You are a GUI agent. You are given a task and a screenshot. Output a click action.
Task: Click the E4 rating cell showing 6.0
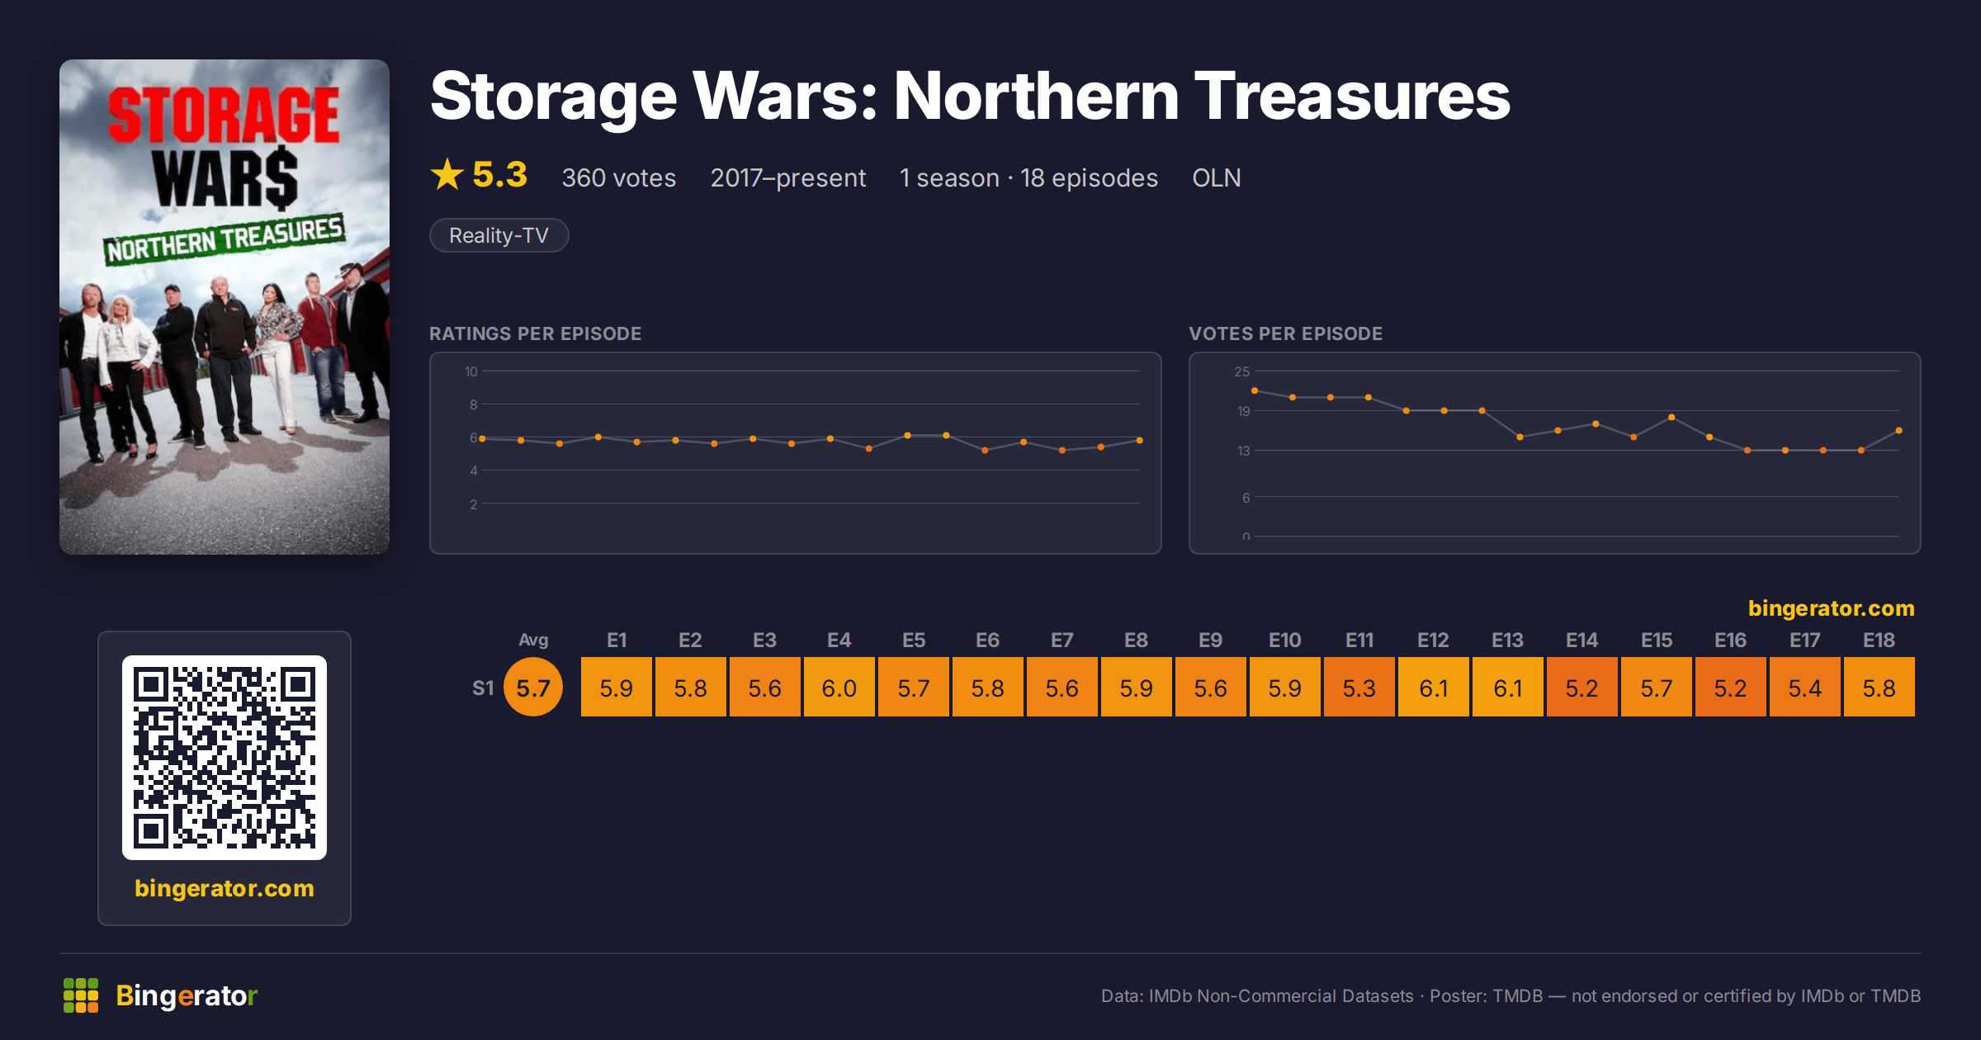point(839,687)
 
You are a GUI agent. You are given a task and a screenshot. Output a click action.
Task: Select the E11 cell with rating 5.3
point(1359,687)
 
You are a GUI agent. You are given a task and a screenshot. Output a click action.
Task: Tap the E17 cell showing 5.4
point(1804,687)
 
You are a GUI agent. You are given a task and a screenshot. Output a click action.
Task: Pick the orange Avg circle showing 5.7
point(533,687)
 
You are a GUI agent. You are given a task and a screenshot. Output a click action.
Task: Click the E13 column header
point(1507,641)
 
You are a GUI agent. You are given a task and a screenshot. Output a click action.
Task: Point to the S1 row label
point(483,688)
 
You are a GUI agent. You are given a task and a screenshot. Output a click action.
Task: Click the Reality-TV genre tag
point(499,235)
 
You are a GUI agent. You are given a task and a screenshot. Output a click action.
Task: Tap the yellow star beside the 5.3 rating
point(447,174)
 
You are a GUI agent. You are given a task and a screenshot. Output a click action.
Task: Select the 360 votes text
point(619,177)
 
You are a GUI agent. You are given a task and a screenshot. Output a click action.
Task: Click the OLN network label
point(1217,177)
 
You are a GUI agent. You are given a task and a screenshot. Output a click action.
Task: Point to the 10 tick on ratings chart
point(471,371)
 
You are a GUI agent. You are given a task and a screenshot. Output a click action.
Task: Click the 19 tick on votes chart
point(1243,411)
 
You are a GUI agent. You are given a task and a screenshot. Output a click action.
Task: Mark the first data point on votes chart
point(1255,390)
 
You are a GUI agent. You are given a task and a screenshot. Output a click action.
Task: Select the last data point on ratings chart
point(1140,440)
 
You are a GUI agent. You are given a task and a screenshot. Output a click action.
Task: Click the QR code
point(225,758)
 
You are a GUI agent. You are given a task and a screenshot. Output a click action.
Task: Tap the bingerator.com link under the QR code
point(225,888)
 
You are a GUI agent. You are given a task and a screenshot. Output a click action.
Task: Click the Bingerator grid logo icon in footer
point(81,995)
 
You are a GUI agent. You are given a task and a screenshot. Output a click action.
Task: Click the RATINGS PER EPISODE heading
point(535,333)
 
